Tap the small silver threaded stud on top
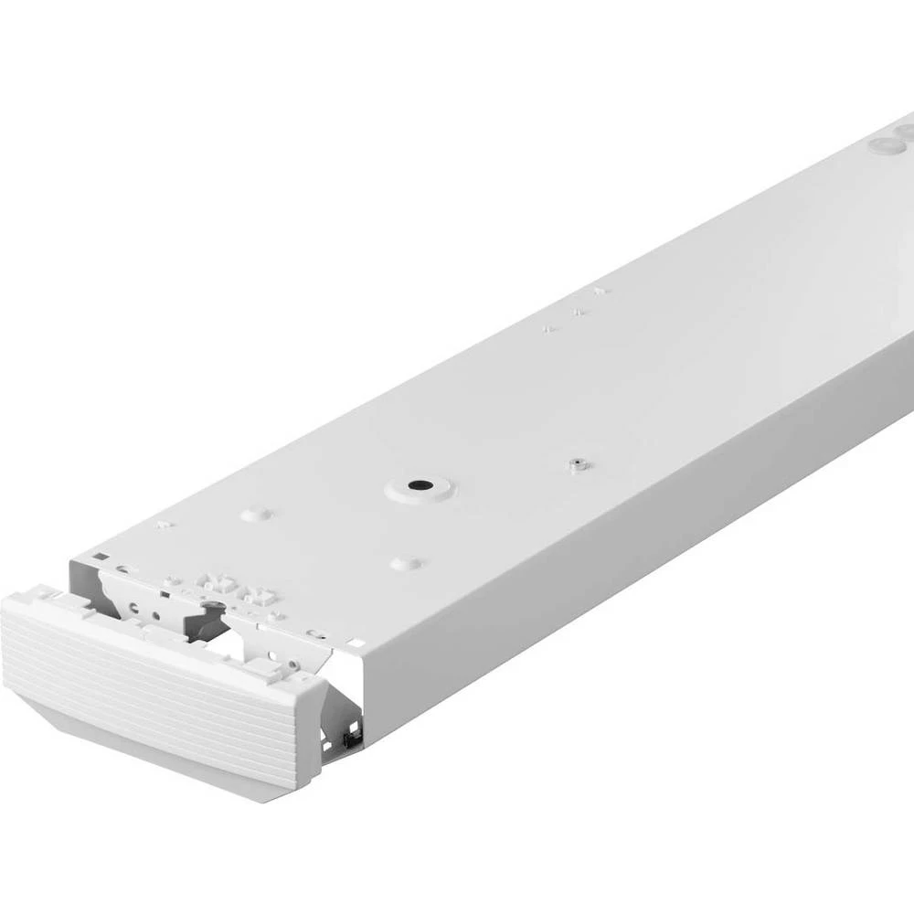coord(576,464)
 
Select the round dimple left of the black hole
coord(256,515)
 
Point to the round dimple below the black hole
coord(406,563)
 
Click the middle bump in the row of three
coord(578,312)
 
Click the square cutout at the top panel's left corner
coord(100,555)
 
